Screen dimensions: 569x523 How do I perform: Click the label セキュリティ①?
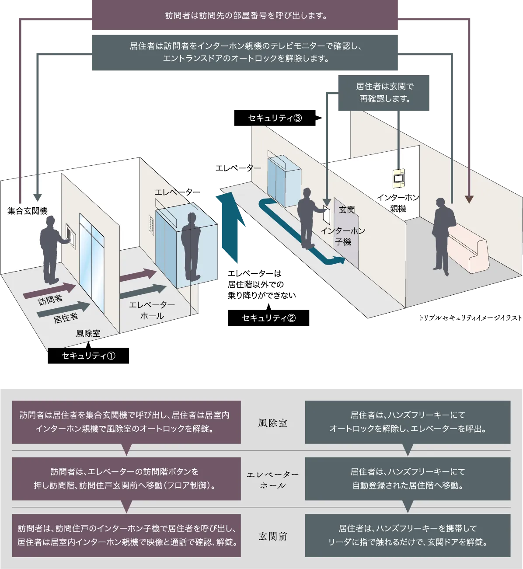tap(88, 356)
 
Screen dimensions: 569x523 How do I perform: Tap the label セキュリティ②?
tap(268, 318)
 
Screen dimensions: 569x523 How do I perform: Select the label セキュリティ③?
tap(275, 118)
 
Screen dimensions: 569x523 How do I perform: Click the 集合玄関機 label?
tap(27, 211)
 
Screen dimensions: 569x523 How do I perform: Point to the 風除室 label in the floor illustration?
tap(88, 333)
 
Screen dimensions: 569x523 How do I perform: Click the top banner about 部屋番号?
tap(245, 16)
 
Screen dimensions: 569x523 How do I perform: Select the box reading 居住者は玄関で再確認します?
tap(383, 93)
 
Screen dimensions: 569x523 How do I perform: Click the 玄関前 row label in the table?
tap(272, 536)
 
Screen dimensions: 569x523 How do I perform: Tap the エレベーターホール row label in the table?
tap(272, 480)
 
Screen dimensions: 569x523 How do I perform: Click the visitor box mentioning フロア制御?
tap(126, 478)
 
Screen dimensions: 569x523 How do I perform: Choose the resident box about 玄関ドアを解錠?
tap(408, 535)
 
